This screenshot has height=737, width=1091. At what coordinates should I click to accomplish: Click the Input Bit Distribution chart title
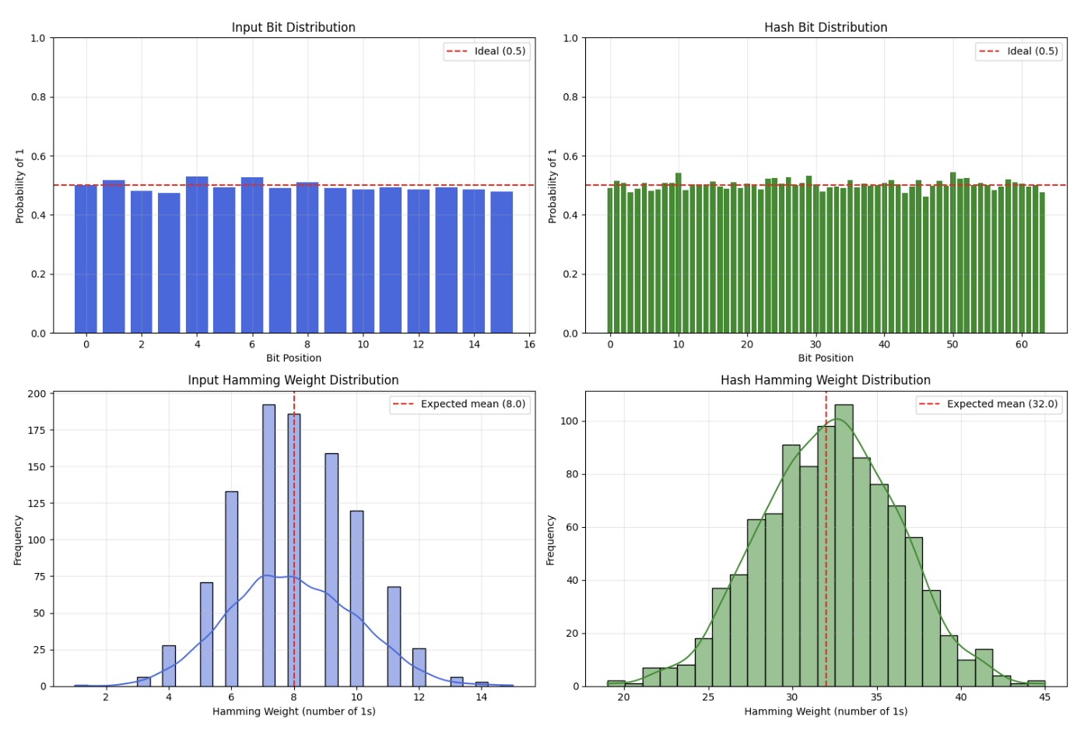(x=293, y=27)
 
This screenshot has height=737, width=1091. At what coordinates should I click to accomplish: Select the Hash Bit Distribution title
(x=826, y=27)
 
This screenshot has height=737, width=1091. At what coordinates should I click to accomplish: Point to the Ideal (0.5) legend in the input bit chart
(x=486, y=51)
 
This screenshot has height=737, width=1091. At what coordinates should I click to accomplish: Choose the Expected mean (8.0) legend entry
(x=460, y=404)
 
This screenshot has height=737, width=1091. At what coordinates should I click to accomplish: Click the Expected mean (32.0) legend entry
(x=989, y=404)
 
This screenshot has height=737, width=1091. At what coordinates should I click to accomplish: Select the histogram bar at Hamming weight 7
(x=268, y=544)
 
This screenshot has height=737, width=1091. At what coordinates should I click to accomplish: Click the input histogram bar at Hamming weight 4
(x=169, y=665)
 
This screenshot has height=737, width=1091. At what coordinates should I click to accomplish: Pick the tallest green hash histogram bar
(x=844, y=544)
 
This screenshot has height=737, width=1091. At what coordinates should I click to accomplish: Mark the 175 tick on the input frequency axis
(x=37, y=430)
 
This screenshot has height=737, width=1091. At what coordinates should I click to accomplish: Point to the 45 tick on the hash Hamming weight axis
(x=1045, y=697)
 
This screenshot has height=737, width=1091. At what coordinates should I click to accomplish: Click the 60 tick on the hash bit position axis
(x=1022, y=344)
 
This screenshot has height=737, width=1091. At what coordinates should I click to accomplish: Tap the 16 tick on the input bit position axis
(x=530, y=344)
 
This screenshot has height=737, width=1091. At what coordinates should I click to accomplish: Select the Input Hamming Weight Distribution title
(x=293, y=380)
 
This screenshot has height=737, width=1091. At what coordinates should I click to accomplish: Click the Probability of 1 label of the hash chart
(x=553, y=186)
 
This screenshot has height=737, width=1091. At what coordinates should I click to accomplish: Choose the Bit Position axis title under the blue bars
(x=293, y=358)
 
